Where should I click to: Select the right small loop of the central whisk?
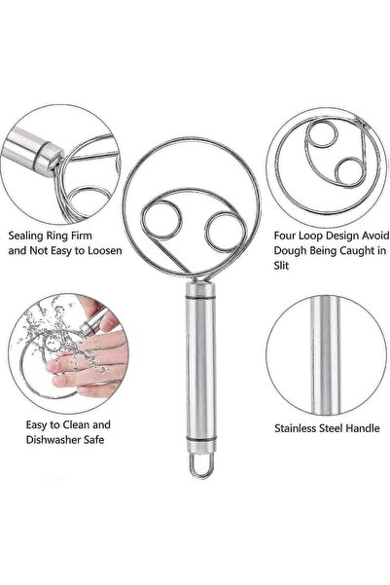[x=206, y=232]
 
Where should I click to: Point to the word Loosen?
[x=105, y=251]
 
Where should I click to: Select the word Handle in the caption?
[x=363, y=428]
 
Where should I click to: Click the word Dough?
[x=289, y=250]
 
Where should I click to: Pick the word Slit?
[x=281, y=266]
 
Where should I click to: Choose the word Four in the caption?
[x=285, y=236]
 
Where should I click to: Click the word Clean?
[x=76, y=425]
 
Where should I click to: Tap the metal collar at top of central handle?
[x=200, y=290]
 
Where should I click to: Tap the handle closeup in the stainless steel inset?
[x=325, y=354]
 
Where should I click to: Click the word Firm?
[x=80, y=236]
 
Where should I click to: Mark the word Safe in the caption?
[x=93, y=440]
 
